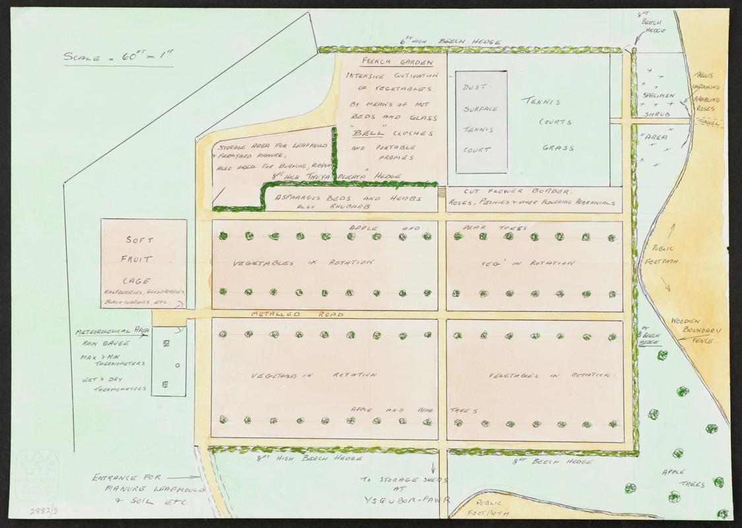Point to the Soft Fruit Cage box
coord(143,264)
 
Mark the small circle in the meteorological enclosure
coord(178,365)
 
